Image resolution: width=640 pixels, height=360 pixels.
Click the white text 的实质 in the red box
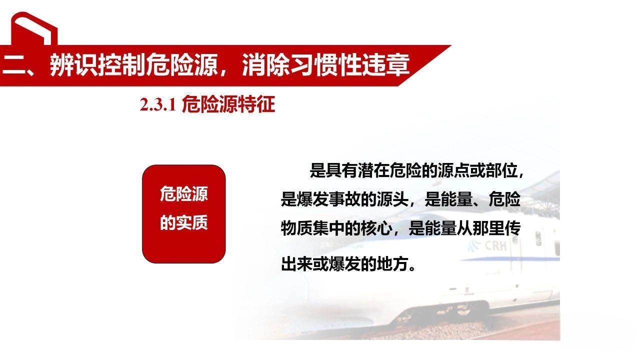(x=183, y=223)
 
